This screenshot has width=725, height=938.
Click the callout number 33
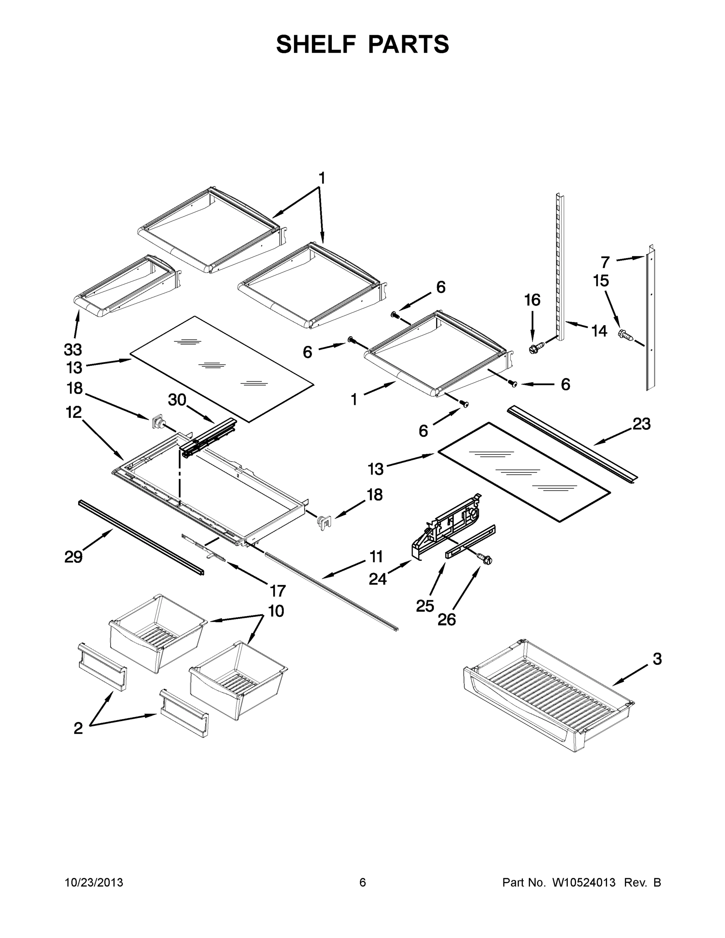[x=73, y=350]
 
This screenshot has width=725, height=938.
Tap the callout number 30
[x=177, y=400]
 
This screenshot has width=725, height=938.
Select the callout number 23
[x=641, y=424]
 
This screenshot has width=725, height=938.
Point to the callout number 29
[x=73, y=557]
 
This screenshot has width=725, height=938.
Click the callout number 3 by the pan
[x=657, y=659]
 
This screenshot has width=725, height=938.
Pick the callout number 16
[x=532, y=300]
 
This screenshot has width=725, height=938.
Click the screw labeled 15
[x=625, y=335]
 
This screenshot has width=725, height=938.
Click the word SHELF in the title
[x=316, y=44]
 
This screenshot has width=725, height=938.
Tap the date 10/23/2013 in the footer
[x=94, y=883]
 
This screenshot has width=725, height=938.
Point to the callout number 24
[x=378, y=579]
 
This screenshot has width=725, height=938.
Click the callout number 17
[x=277, y=591]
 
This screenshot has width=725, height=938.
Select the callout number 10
[x=276, y=611]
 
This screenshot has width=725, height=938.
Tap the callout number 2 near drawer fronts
[x=78, y=729]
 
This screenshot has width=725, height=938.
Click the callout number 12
[x=73, y=412]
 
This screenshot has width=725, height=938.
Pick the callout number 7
[x=605, y=261]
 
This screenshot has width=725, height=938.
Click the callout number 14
[x=599, y=331]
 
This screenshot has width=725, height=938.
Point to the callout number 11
[x=376, y=557]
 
